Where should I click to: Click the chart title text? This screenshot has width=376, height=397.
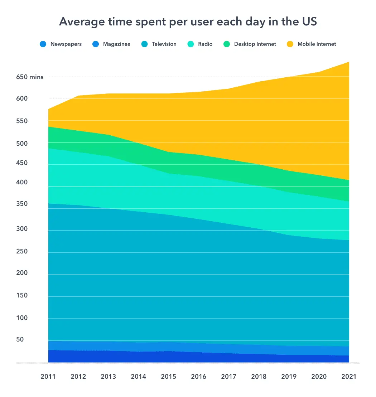point(188,22)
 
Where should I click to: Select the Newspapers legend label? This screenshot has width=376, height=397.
point(66,44)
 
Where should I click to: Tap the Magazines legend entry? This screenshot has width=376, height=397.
point(116,44)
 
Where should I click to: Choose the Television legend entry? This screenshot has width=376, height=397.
point(164,44)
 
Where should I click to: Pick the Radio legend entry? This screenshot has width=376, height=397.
point(205,44)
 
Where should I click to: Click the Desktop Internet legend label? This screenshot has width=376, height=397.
point(255,44)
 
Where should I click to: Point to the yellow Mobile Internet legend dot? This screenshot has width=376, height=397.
point(290,44)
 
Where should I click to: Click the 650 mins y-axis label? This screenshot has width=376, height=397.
point(30,77)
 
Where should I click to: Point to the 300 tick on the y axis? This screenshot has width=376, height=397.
point(22,229)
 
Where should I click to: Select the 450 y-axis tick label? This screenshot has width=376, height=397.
point(22,163)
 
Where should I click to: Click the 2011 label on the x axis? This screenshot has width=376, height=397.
point(48,377)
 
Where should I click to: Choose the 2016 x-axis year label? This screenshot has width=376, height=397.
point(199,377)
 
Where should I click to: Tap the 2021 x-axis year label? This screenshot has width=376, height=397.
point(349,377)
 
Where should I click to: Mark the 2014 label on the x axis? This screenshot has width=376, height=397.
point(139,377)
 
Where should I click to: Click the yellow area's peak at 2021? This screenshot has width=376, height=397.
point(349,62)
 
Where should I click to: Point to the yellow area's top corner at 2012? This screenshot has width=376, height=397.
point(78,96)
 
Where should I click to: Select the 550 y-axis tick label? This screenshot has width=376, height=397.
point(22,121)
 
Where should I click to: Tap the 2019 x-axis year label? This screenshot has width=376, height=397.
point(289,377)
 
